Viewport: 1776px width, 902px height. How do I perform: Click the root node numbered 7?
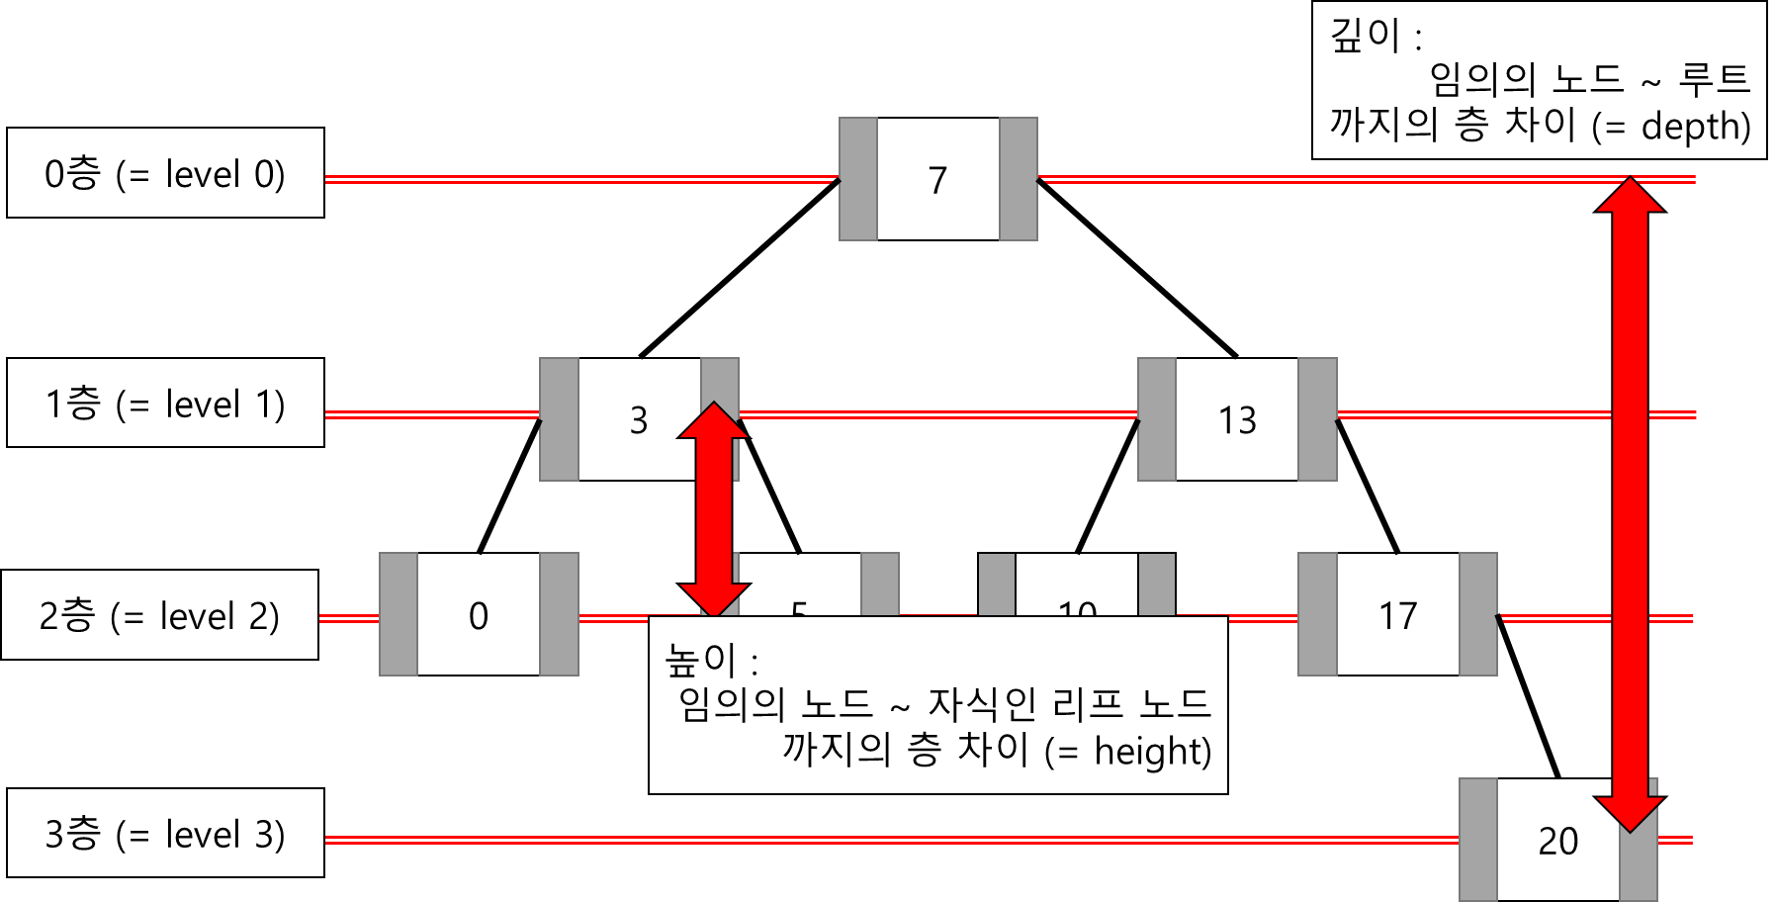(937, 179)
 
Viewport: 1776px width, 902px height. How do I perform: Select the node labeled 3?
(639, 420)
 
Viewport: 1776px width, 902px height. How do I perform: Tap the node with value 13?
(1237, 420)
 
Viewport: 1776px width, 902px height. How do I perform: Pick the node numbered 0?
(479, 615)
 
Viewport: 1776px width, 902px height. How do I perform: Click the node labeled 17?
(1397, 615)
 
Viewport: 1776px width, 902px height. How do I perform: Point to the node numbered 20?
(1557, 841)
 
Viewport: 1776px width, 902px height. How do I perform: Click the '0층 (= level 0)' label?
(165, 173)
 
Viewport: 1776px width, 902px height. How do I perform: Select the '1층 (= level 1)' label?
(165, 404)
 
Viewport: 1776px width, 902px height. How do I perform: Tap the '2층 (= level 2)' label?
(159, 615)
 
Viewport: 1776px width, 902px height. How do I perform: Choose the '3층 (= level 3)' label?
(165, 834)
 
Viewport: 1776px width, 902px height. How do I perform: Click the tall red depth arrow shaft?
(1630, 495)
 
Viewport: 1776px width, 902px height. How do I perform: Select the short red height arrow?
(713, 509)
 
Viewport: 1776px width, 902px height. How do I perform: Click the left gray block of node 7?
(858, 179)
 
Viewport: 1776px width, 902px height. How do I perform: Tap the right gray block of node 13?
(1317, 420)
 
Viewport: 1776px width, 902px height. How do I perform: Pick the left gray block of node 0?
(399, 614)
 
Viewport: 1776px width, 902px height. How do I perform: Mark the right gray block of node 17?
(1478, 614)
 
